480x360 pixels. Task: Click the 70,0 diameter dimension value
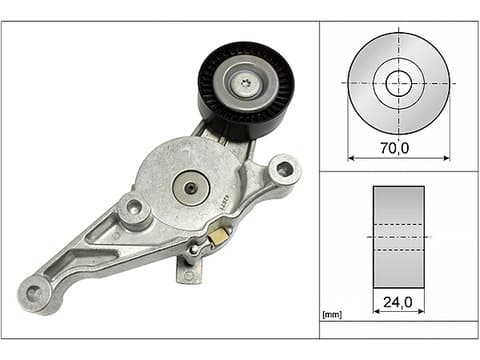(394, 148)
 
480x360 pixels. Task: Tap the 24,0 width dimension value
(397, 302)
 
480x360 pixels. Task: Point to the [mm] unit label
(332, 314)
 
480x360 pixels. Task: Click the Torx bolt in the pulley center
(246, 82)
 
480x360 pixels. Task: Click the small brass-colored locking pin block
(218, 237)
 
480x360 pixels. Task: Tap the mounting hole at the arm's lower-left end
(34, 293)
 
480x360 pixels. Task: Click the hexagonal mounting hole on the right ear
(285, 168)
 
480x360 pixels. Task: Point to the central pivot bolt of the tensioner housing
(190, 188)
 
